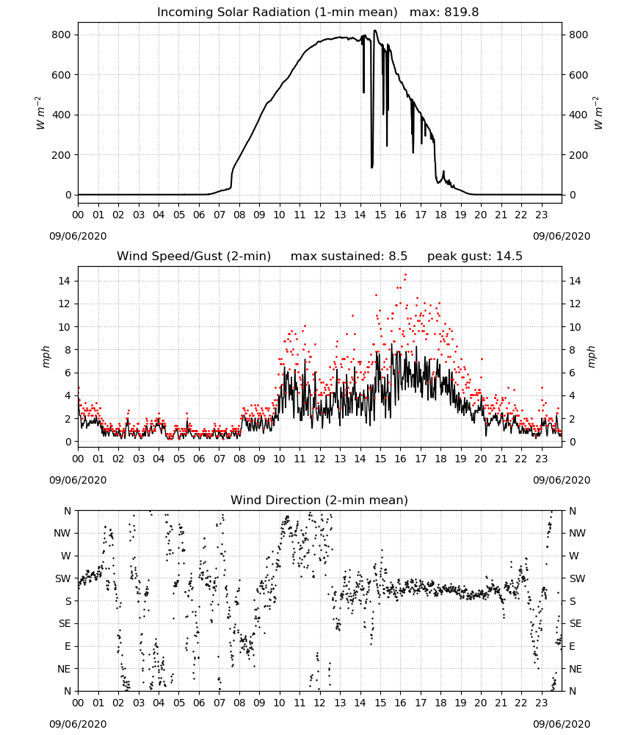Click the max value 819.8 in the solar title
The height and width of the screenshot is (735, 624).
pyautogui.click(x=462, y=12)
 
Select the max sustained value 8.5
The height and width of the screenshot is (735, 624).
pyautogui.click(x=398, y=257)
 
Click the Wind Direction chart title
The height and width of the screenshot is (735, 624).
pyautogui.click(x=319, y=500)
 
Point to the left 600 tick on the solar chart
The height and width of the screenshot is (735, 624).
pyautogui.click(x=62, y=75)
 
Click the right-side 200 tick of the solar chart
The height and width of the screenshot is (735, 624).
pyautogui.click(x=578, y=155)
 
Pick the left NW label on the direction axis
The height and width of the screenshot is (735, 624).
pyautogui.click(x=62, y=533)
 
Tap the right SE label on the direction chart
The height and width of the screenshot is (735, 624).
pyautogui.click(x=576, y=623)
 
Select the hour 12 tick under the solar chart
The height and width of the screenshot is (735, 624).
pyautogui.click(x=319, y=215)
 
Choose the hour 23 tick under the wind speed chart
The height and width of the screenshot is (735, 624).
pyautogui.click(x=541, y=459)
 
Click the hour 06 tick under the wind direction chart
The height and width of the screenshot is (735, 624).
pyautogui.click(x=199, y=703)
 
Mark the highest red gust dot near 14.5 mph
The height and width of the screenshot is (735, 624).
pyautogui.click(x=405, y=275)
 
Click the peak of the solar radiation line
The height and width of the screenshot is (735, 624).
pyautogui.click(x=375, y=30)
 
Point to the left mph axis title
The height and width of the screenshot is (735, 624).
pyautogui.click(x=46, y=356)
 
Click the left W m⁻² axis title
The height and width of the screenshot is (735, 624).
pyautogui.click(x=40, y=113)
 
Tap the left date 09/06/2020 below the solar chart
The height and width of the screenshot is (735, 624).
pyautogui.click(x=78, y=236)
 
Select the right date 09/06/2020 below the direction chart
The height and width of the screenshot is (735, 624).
pyautogui.click(x=562, y=724)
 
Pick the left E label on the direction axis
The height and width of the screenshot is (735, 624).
pyautogui.click(x=68, y=646)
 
